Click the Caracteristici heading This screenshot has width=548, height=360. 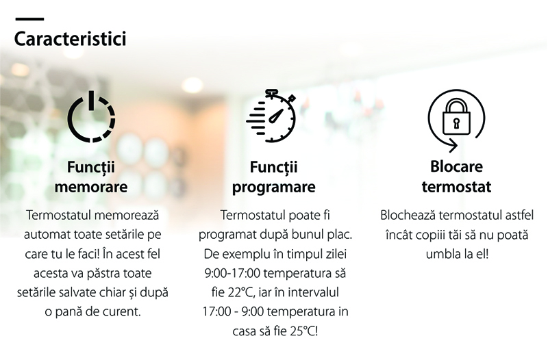click(x=70, y=38)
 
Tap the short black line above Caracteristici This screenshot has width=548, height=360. click(x=29, y=19)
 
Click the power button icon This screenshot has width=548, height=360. click(x=92, y=116)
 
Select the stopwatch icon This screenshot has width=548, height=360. click(x=271, y=116)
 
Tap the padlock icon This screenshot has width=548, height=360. click(x=456, y=117)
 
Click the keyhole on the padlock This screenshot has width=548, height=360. click(x=456, y=123)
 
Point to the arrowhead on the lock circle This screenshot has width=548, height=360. click(x=453, y=145)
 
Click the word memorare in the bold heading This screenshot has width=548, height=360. click(x=91, y=186)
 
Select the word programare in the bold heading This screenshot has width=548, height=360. click(x=273, y=188)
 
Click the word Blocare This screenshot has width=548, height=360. click(x=456, y=166)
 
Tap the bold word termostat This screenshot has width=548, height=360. click(x=456, y=186)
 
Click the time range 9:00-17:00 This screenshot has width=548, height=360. click(x=232, y=272)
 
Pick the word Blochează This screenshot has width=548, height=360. click(x=408, y=215)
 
